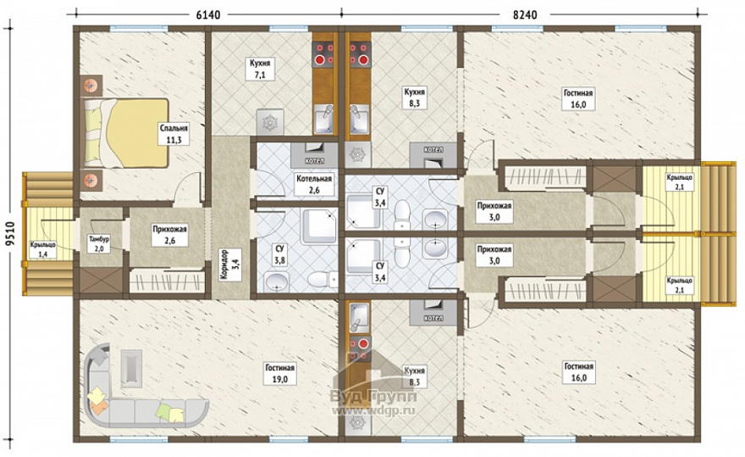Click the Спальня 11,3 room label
click(174, 134)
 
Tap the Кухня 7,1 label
click(260, 69)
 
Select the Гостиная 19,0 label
click(280, 373)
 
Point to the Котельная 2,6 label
click(314, 184)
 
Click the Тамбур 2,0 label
click(99, 243)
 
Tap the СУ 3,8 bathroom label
click(279, 254)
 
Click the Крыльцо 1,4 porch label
click(43, 249)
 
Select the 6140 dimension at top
click(208, 14)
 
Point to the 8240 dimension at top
click(525, 14)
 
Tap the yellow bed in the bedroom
click(126, 133)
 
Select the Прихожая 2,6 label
click(169, 235)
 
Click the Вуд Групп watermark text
click(373, 396)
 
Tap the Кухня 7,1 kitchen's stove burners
click(323, 53)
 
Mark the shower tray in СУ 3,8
click(320, 226)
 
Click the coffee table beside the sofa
click(131, 367)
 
